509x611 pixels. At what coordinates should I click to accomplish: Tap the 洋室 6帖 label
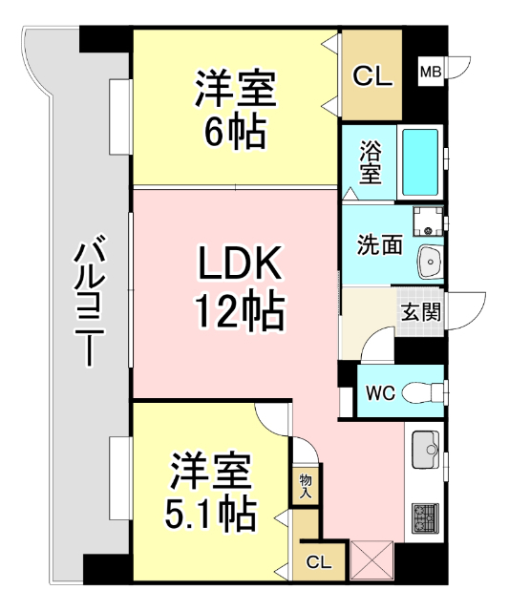tap(235, 111)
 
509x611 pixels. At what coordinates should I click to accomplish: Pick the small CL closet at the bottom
tap(319, 562)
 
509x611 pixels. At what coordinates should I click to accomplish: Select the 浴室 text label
tap(371, 163)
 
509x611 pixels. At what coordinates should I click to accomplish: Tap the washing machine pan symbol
tap(427, 221)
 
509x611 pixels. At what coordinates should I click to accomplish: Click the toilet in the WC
tap(420, 391)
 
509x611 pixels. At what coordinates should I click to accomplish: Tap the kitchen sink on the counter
tap(424, 447)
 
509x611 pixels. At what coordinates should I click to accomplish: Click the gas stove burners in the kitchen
tap(424, 519)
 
